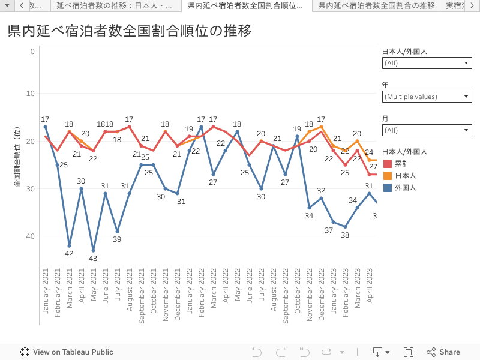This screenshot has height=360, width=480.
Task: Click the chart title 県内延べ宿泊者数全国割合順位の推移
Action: pos(130,31)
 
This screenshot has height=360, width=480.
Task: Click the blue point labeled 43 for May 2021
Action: pos(94,250)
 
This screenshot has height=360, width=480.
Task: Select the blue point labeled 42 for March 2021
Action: pos(70,245)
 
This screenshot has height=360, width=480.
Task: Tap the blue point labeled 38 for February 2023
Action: pos(346,227)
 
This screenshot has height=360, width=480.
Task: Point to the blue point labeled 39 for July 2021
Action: pos(118,231)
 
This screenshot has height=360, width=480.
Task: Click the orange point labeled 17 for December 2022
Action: pos(322,127)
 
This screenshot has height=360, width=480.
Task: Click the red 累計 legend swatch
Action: pos(387,164)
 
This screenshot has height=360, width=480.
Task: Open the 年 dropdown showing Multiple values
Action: pos(427,97)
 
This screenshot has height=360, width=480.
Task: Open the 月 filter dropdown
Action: pos(427,130)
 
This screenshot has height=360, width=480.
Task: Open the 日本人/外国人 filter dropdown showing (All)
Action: pos(427,63)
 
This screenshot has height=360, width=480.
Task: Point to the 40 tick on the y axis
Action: pos(31,236)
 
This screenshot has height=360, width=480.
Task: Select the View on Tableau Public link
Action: pos(67,352)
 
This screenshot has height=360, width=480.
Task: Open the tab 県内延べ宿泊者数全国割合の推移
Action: pos(376,5)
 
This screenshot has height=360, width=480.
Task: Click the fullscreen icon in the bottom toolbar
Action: pos(409,352)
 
